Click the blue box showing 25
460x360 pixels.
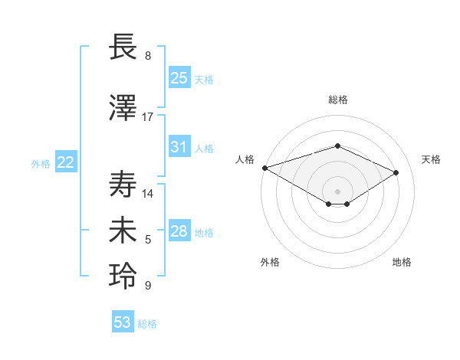pyautogui.click(x=179, y=78)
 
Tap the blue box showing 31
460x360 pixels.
pyautogui.click(x=179, y=147)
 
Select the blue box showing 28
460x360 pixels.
pyautogui.click(x=179, y=231)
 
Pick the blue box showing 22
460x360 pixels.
pyautogui.click(x=66, y=162)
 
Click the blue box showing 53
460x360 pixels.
pyautogui.click(x=123, y=322)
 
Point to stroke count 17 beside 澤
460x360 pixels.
pyautogui.click(x=148, y=117)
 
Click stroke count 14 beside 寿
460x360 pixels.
pyautogui.click(x=148, y=193)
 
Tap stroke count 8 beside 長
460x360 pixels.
pyautogui.click(x=148, y=56)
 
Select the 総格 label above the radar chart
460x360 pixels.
pyautogui.click(x=337, y=100)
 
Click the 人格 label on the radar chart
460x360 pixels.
pyautogui.click(x=245, y=159)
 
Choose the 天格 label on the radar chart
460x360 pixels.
pyautogui.click(x=431, y=159)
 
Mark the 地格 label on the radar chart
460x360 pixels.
pyautogui.click(x=402, y=262)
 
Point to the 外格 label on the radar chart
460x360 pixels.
pyautogui.click(x=270, y=262)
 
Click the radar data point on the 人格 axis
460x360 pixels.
pyautogui.click(x=264, y=168)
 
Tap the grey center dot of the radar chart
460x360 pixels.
pyautogui.click(x=337, y=191)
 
